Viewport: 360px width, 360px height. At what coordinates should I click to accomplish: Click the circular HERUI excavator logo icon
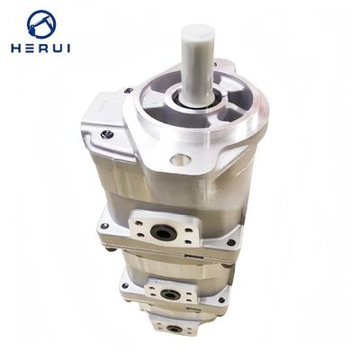[x=41, y=24]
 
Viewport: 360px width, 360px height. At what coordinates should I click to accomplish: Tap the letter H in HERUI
[x=16, y=49]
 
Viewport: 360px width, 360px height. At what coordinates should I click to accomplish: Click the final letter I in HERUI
[x=68, y=49]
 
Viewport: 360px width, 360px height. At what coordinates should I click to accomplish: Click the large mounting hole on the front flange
[x=180, y=159]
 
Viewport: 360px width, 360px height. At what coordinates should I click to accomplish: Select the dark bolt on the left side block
[x=107, y=134]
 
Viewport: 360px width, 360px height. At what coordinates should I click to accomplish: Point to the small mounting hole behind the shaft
[x=215, y=64]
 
